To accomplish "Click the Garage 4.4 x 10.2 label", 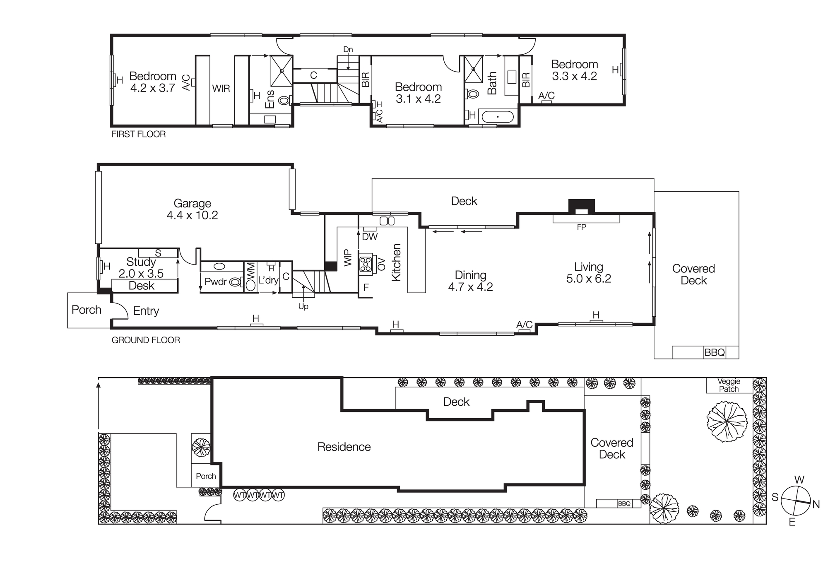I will click(x=192, y=209).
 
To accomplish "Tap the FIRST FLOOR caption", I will click(x=138, y=134).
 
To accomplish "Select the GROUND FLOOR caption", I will click(x=146, y=340).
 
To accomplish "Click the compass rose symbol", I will click(x=795, y=501).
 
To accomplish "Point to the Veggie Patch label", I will click(x=729, y=385).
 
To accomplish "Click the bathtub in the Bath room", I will click(x=498, y=117).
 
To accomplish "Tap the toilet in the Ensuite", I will click(x=284, y=100).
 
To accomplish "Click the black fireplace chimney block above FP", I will click(x=581, y=205).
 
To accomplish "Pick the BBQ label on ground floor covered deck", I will click(x=714, y=353).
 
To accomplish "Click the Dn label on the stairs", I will click(x=348, y=50).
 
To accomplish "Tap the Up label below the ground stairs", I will click(x=303, y=307).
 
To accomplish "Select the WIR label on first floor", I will click(x=221, y=89).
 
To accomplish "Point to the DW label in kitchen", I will click(x=370, y=237).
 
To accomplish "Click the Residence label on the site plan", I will click(x=344, y=447).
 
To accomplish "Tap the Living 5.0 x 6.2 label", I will click(x=588, y=273).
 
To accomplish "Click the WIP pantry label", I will click(x=348, y=258).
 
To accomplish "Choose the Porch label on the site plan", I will click(x=206, y=477).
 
